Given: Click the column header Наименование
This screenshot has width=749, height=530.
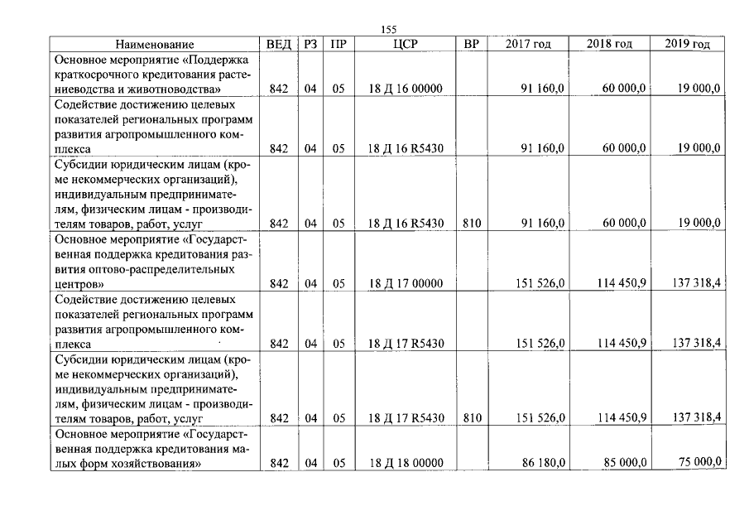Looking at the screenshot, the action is [155, 45].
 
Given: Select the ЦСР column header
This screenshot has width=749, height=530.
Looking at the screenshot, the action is [406, 45].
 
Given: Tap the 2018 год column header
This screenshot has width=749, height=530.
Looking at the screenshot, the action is [609, 44].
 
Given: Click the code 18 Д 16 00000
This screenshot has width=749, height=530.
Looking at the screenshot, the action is [406, 89].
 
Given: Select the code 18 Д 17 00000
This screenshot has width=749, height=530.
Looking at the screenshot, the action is [406, 284].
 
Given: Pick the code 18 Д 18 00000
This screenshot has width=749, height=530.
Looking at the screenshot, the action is [406, 463].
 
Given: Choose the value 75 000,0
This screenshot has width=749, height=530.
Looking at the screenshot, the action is [696, 462].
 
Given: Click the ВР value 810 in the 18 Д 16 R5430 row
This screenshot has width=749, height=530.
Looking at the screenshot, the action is [472, 223].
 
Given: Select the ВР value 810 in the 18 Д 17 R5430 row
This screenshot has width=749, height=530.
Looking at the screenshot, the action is [472, 418].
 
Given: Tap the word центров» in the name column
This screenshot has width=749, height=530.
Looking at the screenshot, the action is [79, 284].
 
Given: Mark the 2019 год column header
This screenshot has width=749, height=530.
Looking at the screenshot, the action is [687, 44].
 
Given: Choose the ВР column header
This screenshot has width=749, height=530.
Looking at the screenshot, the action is [472, 45].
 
